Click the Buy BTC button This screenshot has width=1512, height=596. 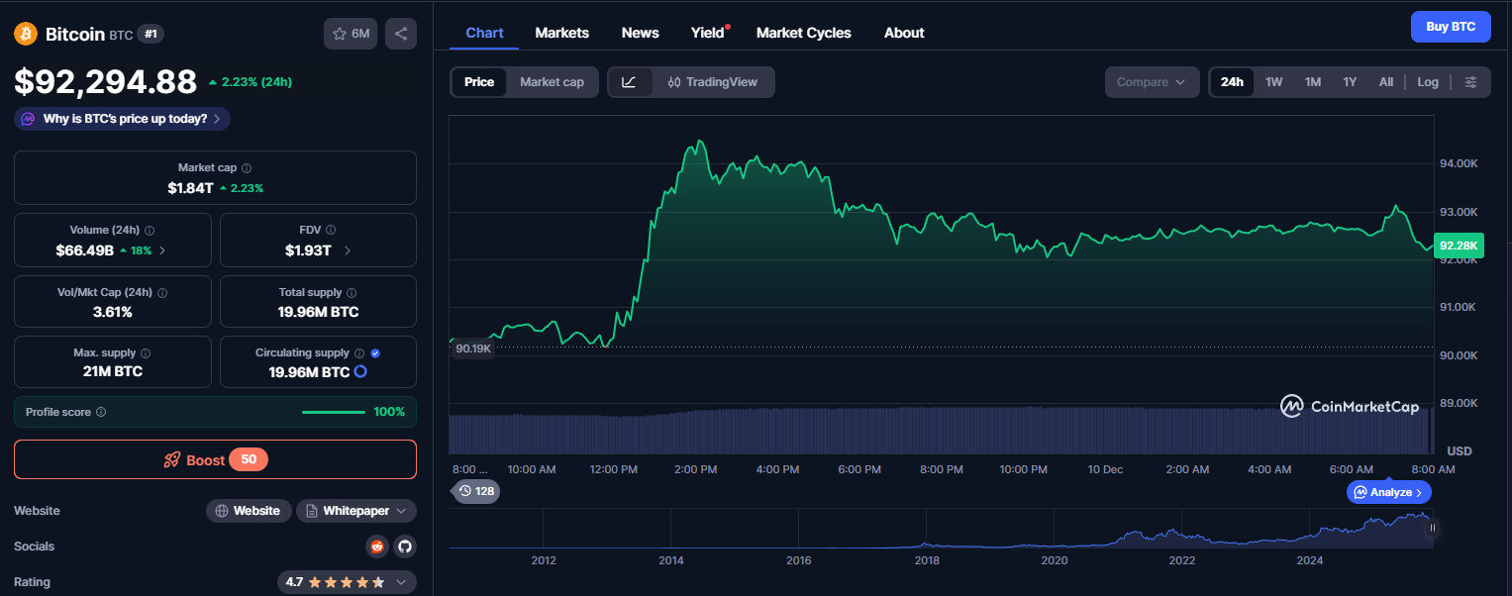[x=1450, y=27]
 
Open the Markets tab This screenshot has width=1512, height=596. [x=561, y=33]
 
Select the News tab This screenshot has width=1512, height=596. [x=640, y=33]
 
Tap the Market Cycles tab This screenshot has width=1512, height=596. [x=803, y=33]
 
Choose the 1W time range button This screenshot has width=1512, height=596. [x=1273, y=82]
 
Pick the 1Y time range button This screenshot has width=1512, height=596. [x=1350, y=82]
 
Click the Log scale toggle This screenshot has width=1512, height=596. [x=1427, y=82]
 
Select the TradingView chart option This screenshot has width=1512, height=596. [x=713, y=82]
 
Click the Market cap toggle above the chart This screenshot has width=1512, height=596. [x=552, y=82]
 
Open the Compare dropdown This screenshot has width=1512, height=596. [x=1151, y=82]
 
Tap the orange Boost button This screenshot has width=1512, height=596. [x=215, y=459]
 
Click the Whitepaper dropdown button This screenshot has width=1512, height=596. [x=355, y=511]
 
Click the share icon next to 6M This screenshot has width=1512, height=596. [x=400, y=34]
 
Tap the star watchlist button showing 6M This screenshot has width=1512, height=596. [x=351, y=34]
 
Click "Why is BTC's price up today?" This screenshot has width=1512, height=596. [x=123, y=119]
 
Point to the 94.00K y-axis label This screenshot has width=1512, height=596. [x=1458, y=163]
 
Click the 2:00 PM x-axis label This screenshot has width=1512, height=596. [x=695, y=469]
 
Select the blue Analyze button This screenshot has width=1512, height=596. [x=1388, y=492]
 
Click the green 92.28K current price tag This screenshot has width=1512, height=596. [x=1459, y=246]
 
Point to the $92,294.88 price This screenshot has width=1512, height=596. [x=106, y=82]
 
